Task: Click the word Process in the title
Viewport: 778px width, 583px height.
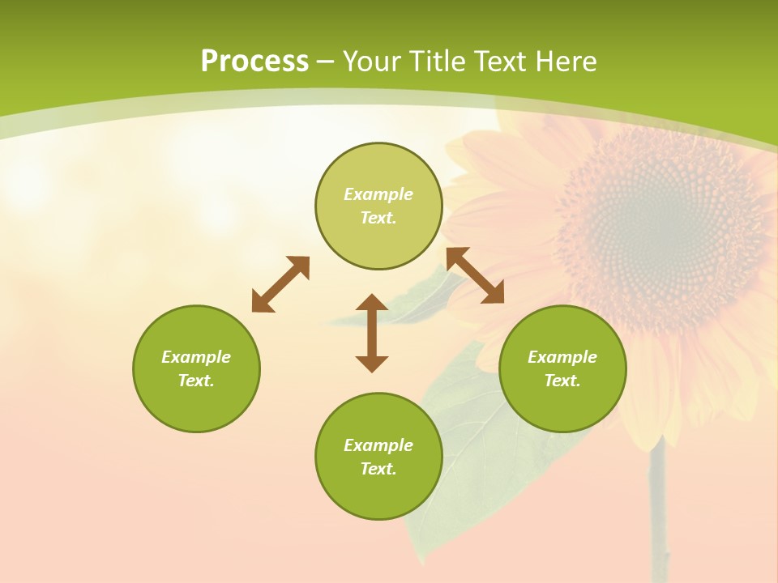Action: coord(254,62)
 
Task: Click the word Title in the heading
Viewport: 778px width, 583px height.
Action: coord(436,62)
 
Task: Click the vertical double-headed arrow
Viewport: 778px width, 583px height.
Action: coord(372,333)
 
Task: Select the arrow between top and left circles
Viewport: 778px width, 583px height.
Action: coord(280,284)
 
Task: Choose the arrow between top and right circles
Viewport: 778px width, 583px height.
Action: coord(475,275)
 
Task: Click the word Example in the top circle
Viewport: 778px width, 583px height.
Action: coord(378,194)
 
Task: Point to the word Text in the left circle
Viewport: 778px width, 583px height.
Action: coord(196,381)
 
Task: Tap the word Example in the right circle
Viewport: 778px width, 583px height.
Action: coord(562,357)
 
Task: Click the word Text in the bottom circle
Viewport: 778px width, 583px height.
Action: coord(378,469)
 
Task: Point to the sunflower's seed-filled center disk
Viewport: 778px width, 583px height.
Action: coord(660,219)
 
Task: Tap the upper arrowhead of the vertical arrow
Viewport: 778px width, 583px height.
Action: coord(372,303)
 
